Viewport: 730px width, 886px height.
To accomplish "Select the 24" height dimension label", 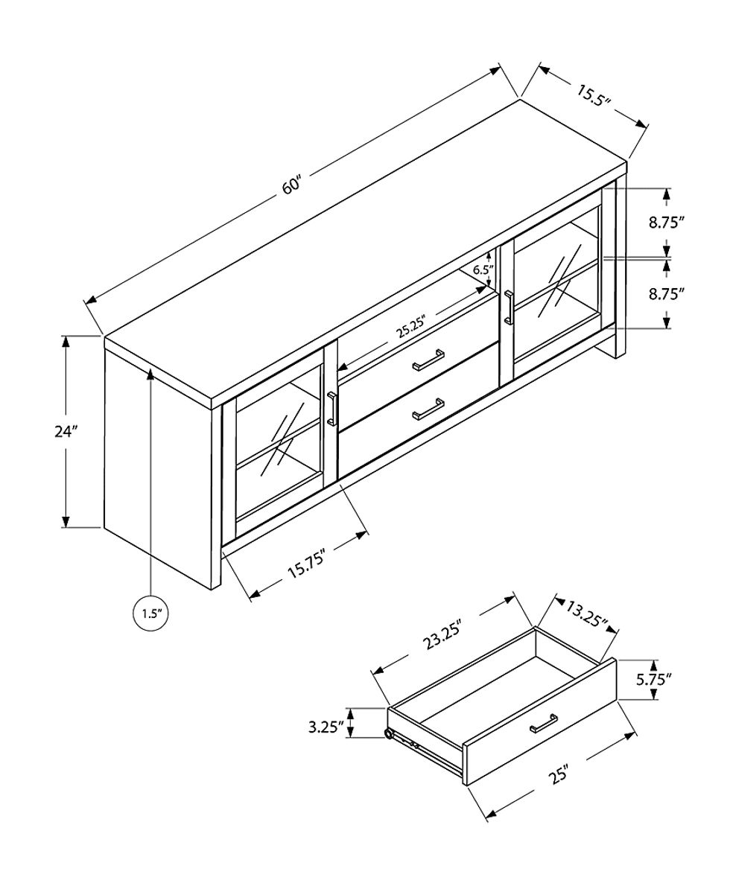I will point(66,431).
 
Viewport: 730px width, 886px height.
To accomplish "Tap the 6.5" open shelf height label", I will point(482,270).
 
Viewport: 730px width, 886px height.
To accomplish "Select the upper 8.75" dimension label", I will point(666,222).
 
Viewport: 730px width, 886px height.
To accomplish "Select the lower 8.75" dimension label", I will point(666,293).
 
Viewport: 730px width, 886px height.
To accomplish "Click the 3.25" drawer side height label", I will point(326,726).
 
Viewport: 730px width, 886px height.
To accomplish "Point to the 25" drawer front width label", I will point(559,774).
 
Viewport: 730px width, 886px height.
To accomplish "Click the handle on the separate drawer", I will point(544,723).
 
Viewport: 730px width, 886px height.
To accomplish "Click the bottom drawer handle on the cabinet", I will point(430,409).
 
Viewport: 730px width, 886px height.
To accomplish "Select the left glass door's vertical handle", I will point(331,409).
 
